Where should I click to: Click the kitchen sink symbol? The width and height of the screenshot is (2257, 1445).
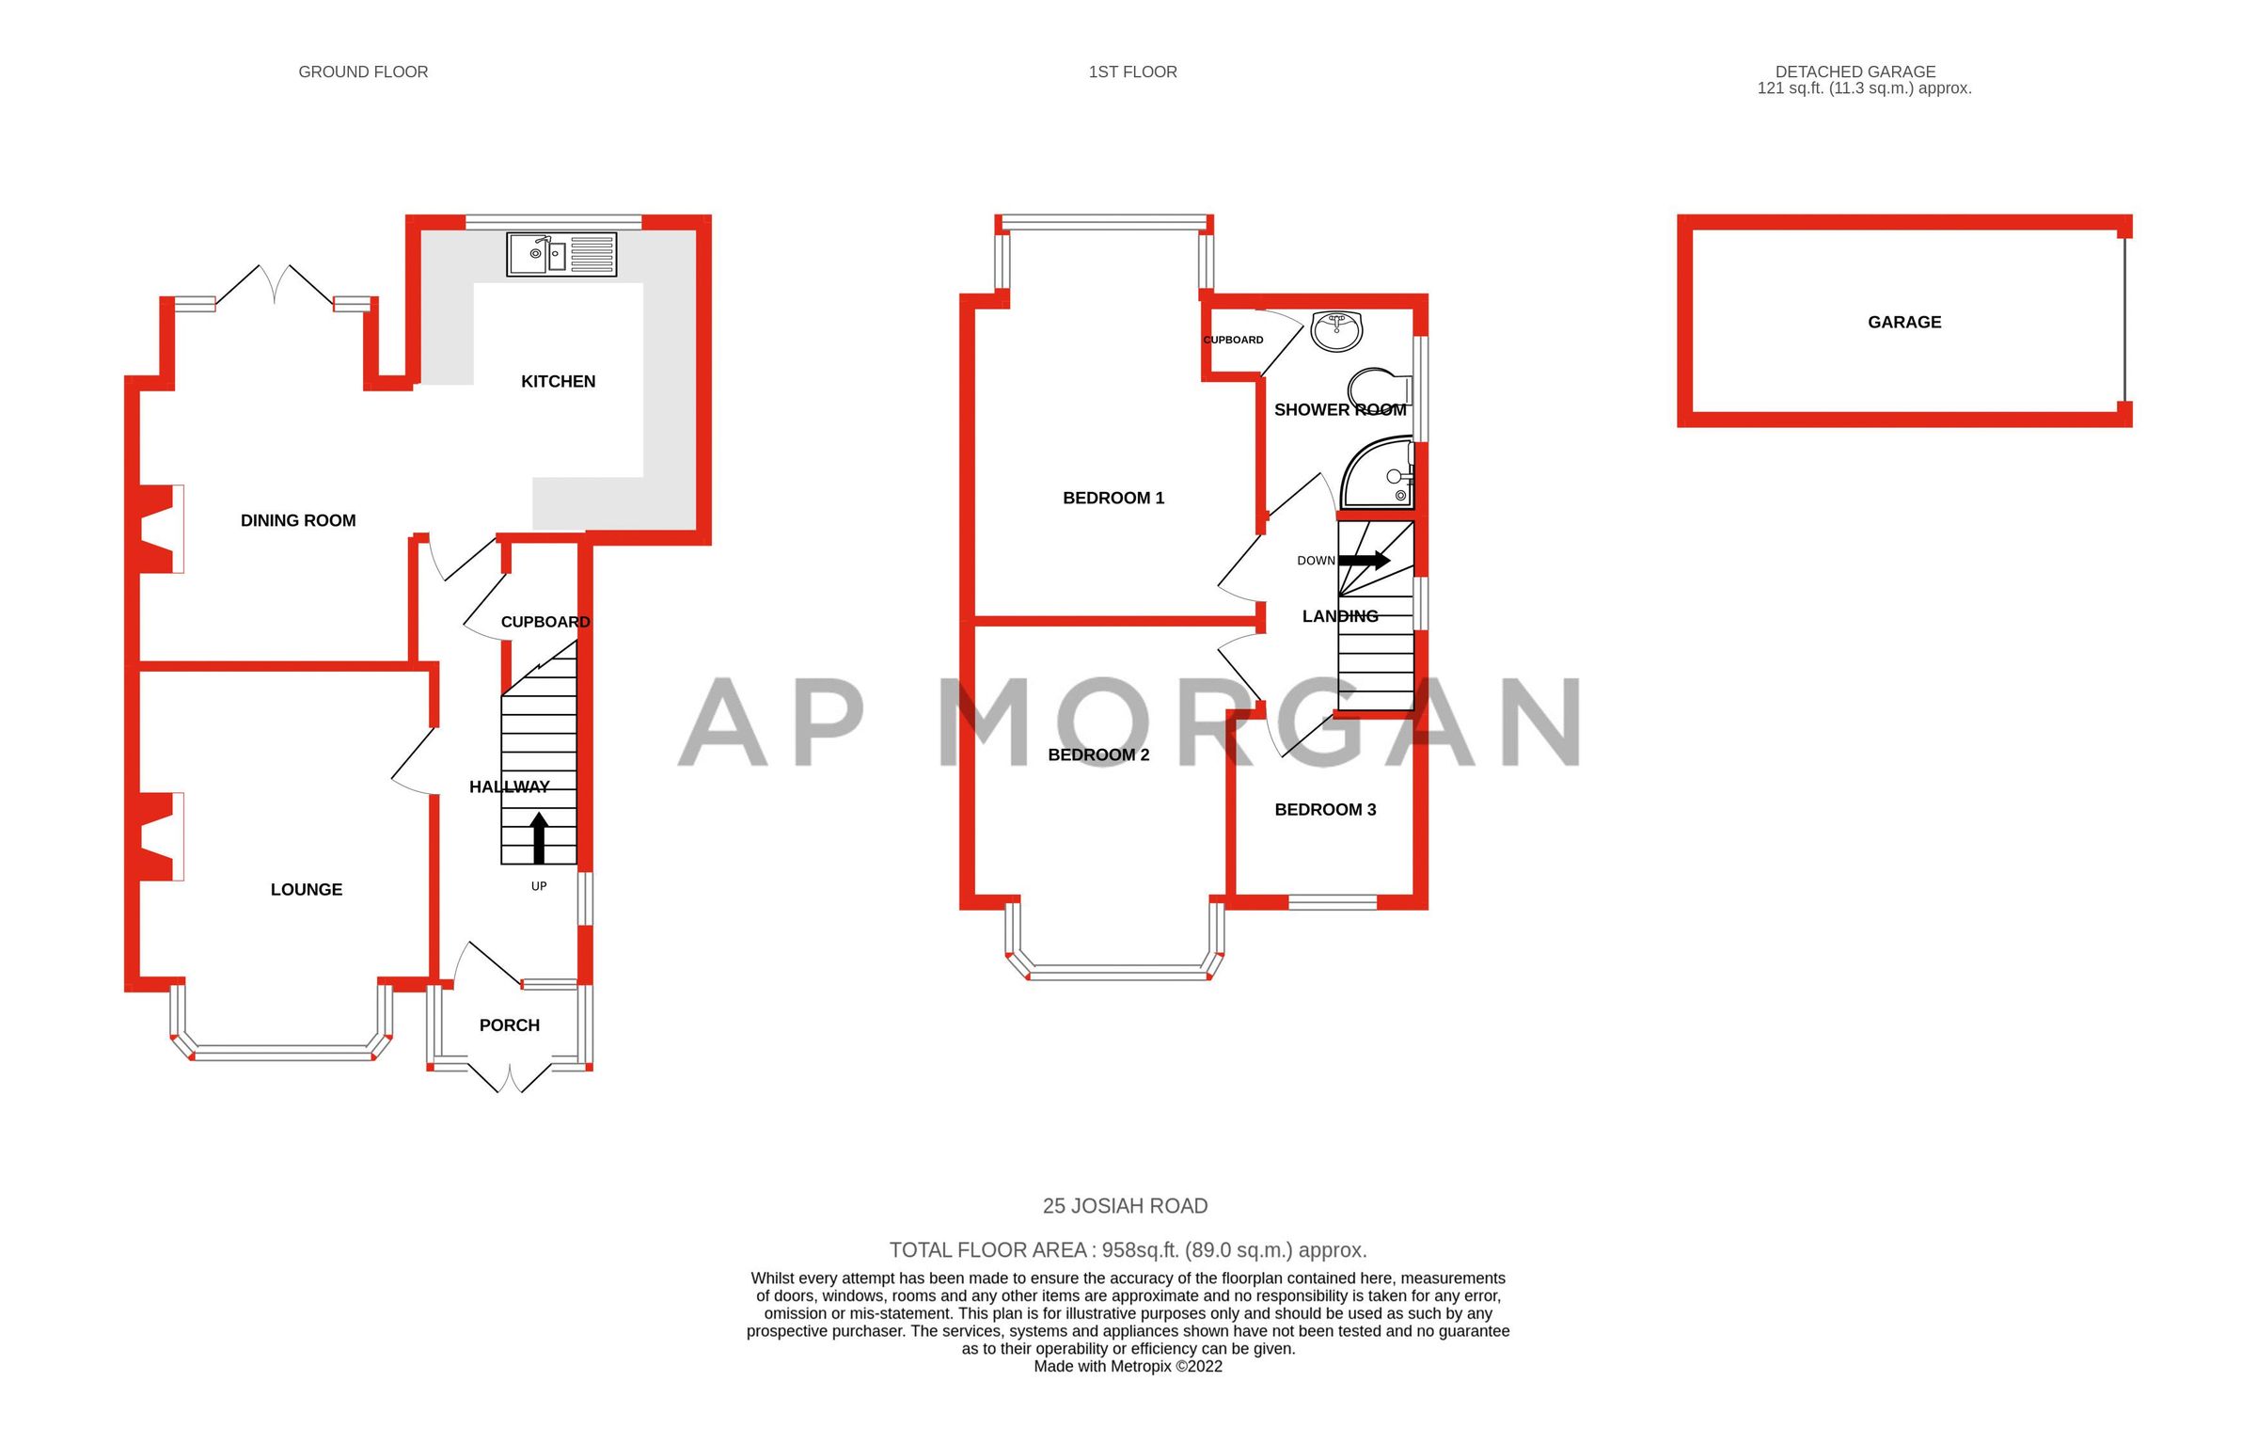561,254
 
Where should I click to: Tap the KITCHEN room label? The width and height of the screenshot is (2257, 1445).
558,381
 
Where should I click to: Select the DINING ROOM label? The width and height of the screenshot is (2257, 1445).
298,520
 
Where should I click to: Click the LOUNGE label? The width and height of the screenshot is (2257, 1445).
306,889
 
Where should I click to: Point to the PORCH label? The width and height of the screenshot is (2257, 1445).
509,1025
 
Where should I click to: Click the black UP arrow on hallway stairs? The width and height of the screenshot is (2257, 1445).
539,838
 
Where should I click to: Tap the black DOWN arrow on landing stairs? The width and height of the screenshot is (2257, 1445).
1364,561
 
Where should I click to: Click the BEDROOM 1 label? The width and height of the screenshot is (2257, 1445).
1113,498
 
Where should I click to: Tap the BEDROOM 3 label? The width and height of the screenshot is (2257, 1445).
1325,809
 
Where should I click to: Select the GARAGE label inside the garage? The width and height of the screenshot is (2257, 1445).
1904,322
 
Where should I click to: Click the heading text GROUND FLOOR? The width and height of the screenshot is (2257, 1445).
363,71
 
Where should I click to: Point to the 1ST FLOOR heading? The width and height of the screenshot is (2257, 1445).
1132,71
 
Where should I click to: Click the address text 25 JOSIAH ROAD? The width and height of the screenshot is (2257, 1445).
1125,1205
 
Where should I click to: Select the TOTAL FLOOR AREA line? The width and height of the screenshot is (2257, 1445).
1128,1249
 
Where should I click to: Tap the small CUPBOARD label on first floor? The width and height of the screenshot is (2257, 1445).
1233,340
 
